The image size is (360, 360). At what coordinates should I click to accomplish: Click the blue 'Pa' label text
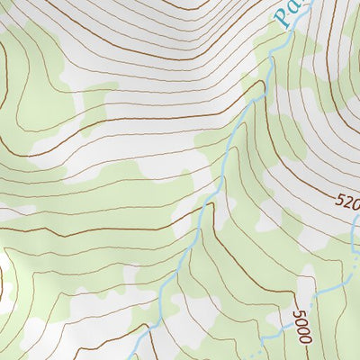coord(290,13)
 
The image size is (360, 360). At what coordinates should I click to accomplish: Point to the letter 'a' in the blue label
coord(297,8)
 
